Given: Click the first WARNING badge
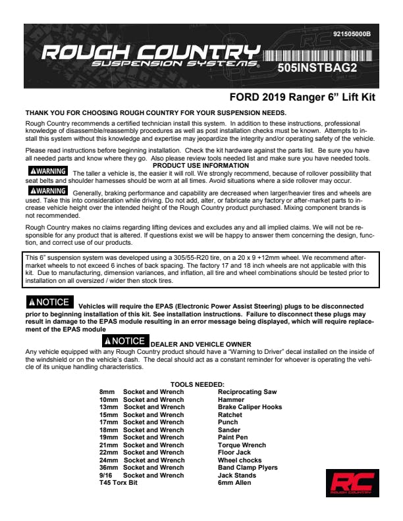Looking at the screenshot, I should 45,172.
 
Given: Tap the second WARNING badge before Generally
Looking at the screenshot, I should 45,191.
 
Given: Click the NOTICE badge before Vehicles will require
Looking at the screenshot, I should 48,303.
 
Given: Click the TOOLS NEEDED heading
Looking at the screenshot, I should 197,384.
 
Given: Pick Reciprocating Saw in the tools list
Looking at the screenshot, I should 247,392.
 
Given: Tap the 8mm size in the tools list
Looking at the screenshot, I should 107,392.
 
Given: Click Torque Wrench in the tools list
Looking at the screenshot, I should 242,445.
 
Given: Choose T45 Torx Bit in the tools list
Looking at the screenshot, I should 119,483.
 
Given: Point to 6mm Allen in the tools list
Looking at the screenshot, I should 234,483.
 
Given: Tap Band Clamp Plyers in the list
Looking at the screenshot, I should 248,468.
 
